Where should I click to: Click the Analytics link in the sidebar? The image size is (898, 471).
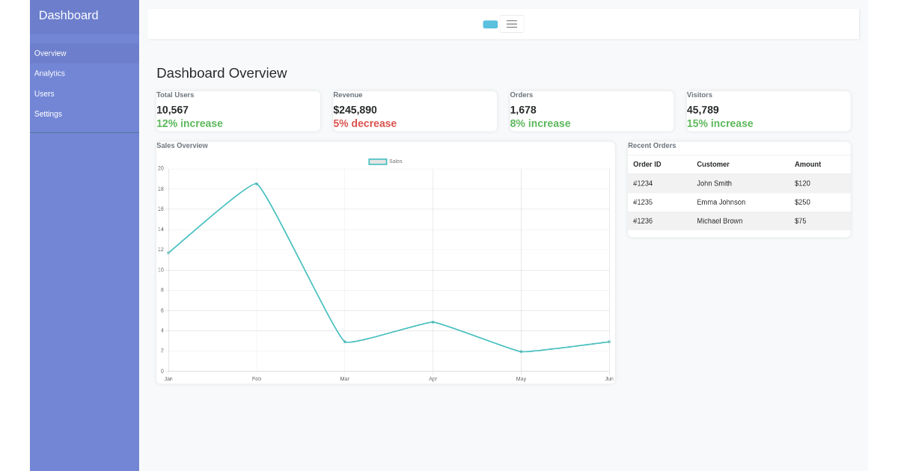pos(49,73)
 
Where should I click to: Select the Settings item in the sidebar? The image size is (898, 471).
pos(48,114)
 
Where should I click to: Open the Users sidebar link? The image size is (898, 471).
pos(44,93)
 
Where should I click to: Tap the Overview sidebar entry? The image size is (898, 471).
pos(50,53)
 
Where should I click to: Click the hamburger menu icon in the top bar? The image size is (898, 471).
pos(512,24)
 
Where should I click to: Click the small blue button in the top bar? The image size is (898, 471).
pos(490,25)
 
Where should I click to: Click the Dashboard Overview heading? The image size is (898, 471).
pos(222,73)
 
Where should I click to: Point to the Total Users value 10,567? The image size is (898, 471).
pos(172,110)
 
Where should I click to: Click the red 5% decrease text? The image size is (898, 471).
pos(364,123)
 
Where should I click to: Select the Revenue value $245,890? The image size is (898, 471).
pos(355,110)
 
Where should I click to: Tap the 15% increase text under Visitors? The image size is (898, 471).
pos(719,123)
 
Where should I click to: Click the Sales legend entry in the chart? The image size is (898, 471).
pos(385,161)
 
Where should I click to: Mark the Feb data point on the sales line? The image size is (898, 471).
pos(257,184)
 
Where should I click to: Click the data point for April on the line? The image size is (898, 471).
pos(433,322)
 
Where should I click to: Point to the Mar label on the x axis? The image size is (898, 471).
pos(345,379)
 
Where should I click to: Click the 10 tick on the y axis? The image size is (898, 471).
pos(161,270)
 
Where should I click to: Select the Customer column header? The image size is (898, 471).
pos(712,164)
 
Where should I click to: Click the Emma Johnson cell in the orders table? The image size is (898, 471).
pos(721,203)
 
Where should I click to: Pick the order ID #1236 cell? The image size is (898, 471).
pos(643,221)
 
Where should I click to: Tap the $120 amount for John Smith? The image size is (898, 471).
pos(802,184)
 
